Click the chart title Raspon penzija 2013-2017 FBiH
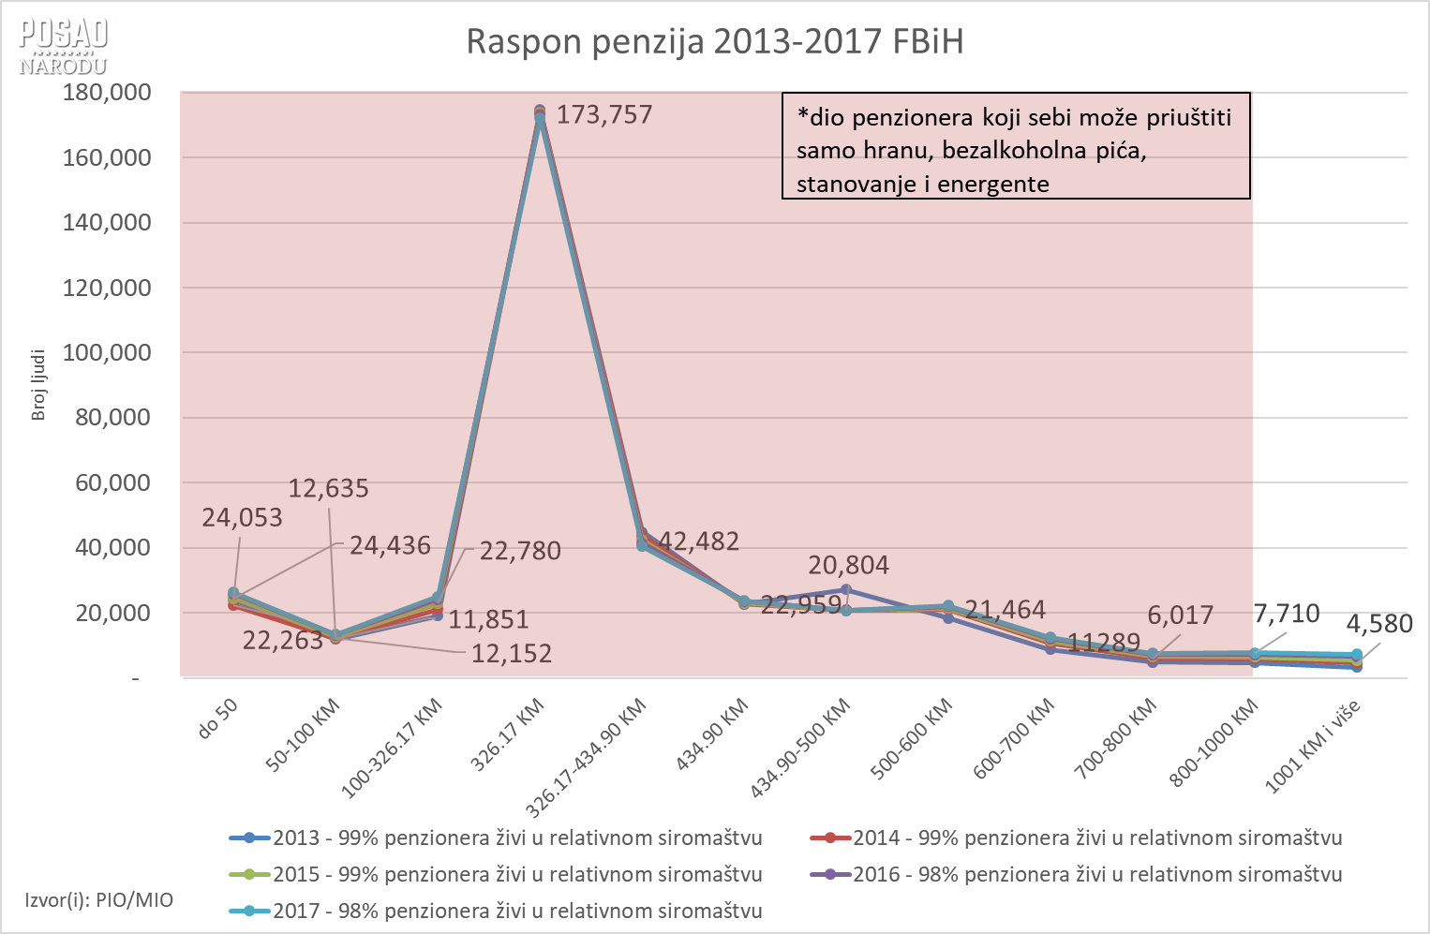[x=714, y=42]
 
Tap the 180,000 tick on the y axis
[x=107, y=93]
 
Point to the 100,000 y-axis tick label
[x=107, y=353]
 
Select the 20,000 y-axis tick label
[x=112, y=613]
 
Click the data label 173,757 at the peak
[x=603, y=115]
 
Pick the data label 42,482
[x=699, y=541]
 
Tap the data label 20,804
[x=848, y=565]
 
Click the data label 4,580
[x=1378, y=624]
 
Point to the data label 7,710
[x=1286, y=615]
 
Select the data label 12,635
[x=328, y=488]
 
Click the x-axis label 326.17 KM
[x=507, y=735]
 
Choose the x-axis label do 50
[x=218, y=719]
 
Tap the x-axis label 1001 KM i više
[x=1313, y=747]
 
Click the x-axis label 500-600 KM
[x=912, y=739]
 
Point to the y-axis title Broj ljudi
[x=38, y=385]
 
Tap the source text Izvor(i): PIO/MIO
[x=99, y=900]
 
